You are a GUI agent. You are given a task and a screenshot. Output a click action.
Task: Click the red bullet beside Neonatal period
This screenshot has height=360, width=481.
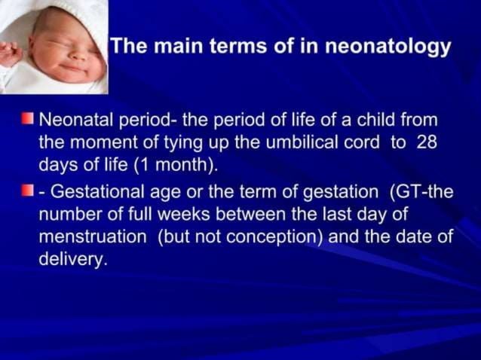click(x=28, y=119)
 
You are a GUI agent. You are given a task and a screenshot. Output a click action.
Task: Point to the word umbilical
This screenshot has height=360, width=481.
click(x=300, y=143)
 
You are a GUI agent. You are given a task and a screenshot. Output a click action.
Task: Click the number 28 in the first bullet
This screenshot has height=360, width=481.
click(x=427, y=143)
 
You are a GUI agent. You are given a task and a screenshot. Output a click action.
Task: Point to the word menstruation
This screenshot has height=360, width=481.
click(x=92, y=237)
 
